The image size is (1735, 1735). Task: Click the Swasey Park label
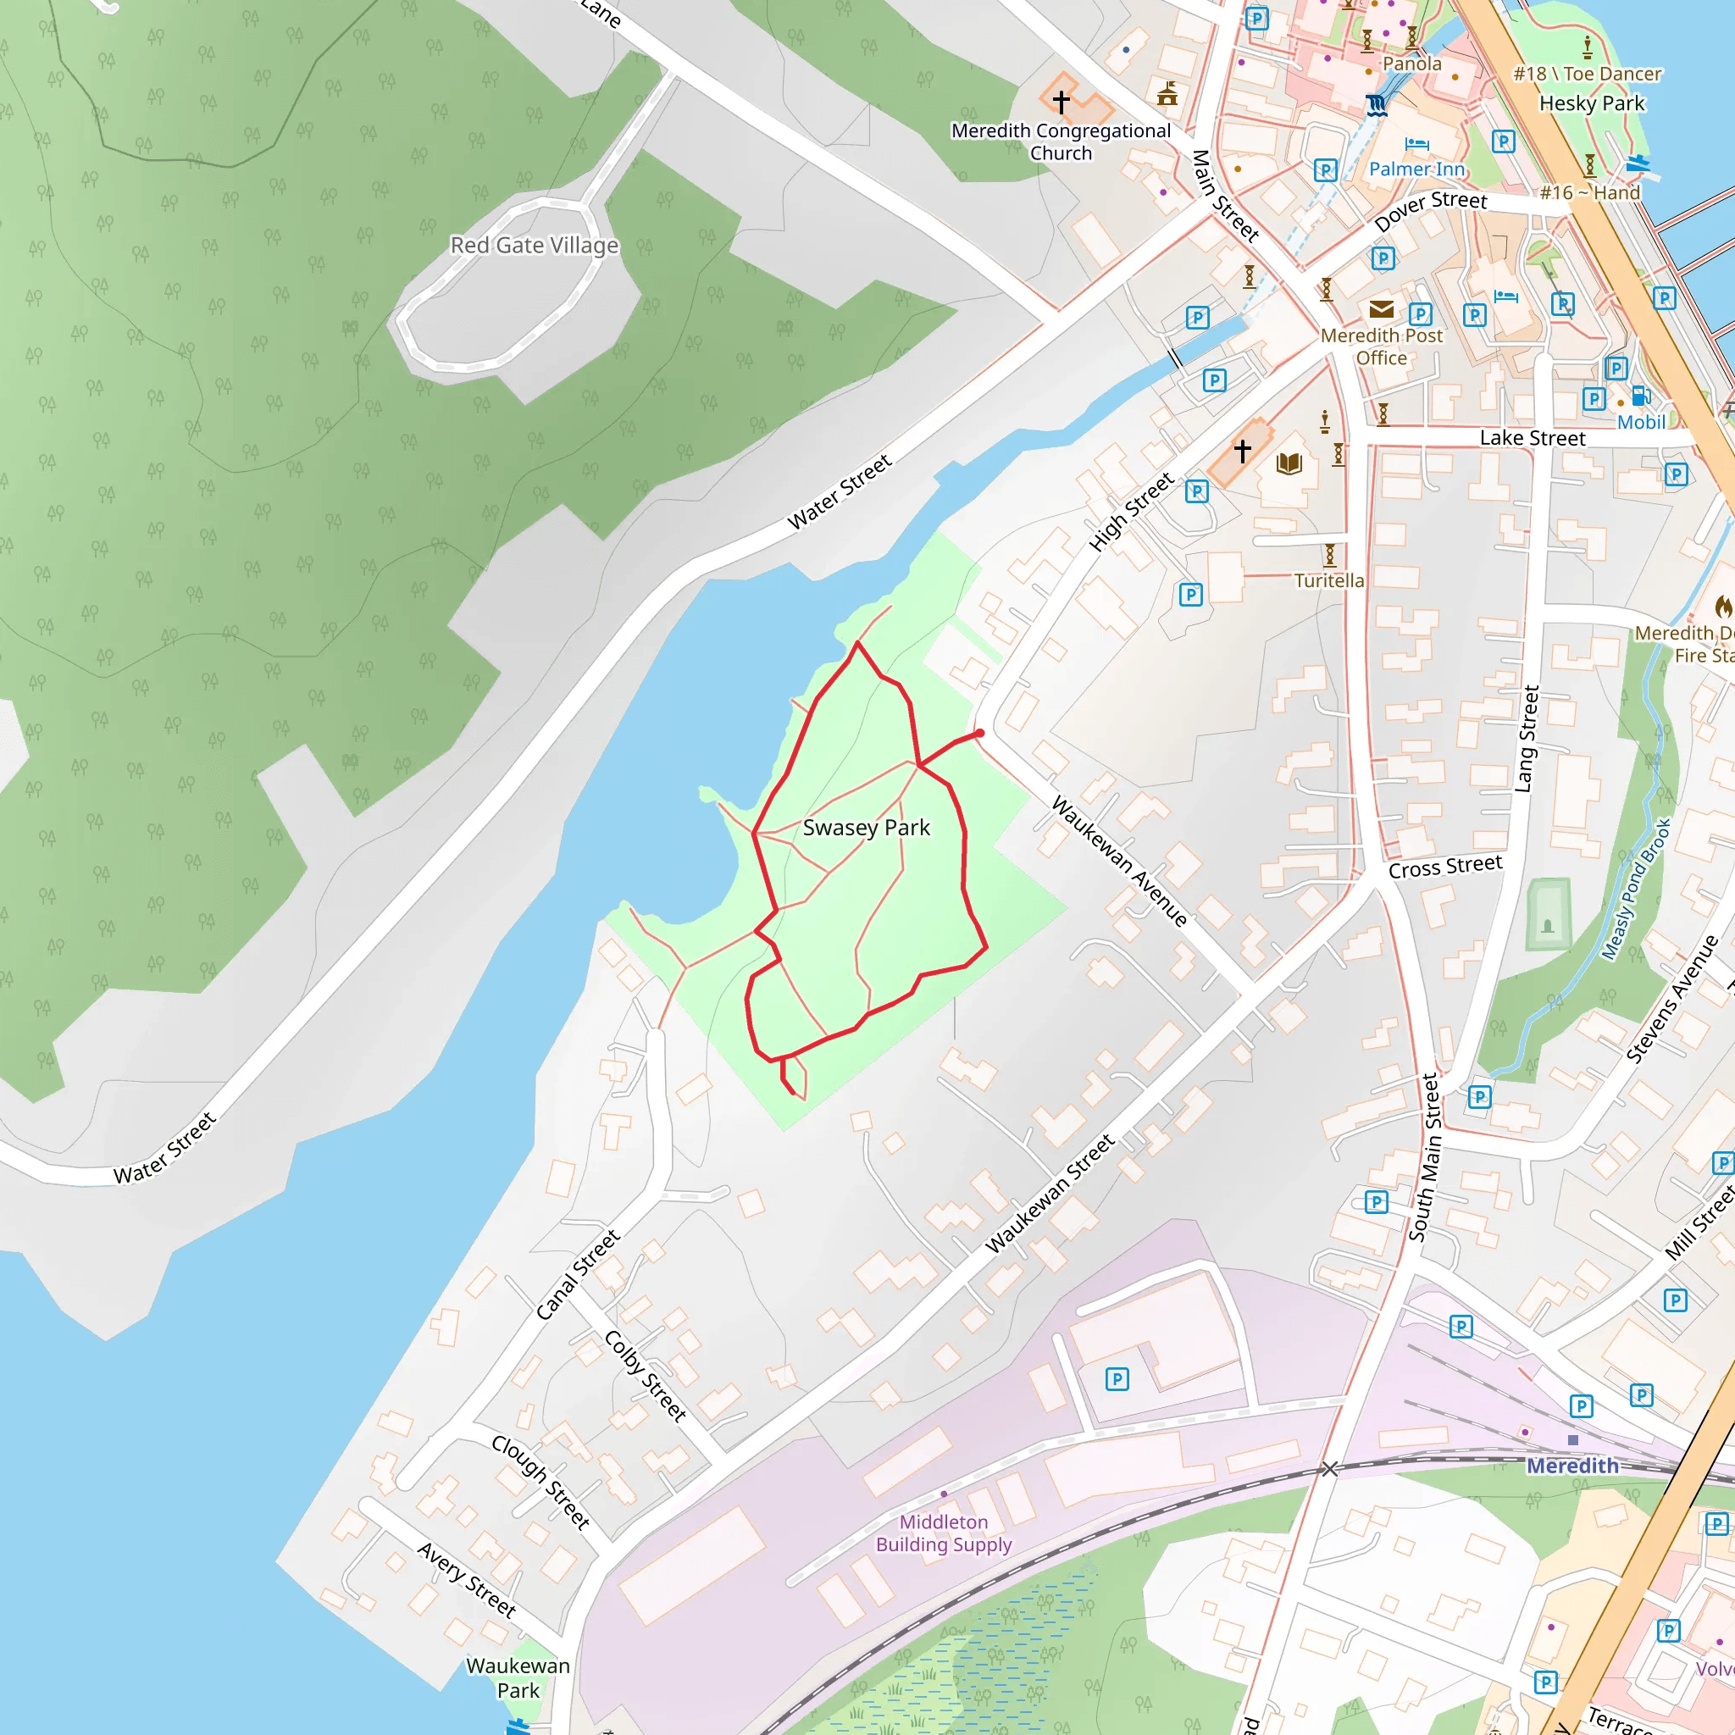[x=866, y=827]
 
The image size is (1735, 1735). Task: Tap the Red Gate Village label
[x=535, y=245]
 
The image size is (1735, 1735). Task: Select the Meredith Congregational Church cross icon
[x=1062, y=102]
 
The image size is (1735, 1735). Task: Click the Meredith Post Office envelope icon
[x=1381, y=310]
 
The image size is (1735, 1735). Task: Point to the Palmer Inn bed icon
[x=1416, y=144]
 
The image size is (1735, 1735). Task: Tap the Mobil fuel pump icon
[x=1639, y=395]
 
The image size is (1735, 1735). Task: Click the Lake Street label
[x=1532, y=438]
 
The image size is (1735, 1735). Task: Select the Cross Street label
[x=1445, y=867]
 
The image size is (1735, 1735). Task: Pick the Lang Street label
[x=1526, y=739]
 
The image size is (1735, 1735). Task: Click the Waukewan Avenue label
[x=1120, y=861]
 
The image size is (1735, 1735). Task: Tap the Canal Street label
[x=578, y=1274]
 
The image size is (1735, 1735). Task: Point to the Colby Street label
[x=645, y=1376]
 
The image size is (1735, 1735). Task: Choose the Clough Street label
[x=540, y=1482]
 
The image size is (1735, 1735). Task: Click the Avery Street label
[x=466, y=1580]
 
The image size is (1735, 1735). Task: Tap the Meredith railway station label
[x=1572, y=1466]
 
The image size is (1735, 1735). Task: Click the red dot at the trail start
[x=980, y=734]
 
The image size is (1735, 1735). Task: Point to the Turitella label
[x=1329, y=580]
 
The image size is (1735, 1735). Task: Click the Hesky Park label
[x=1591, y=103]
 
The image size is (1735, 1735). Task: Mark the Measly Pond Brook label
[x=1636, y=889]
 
